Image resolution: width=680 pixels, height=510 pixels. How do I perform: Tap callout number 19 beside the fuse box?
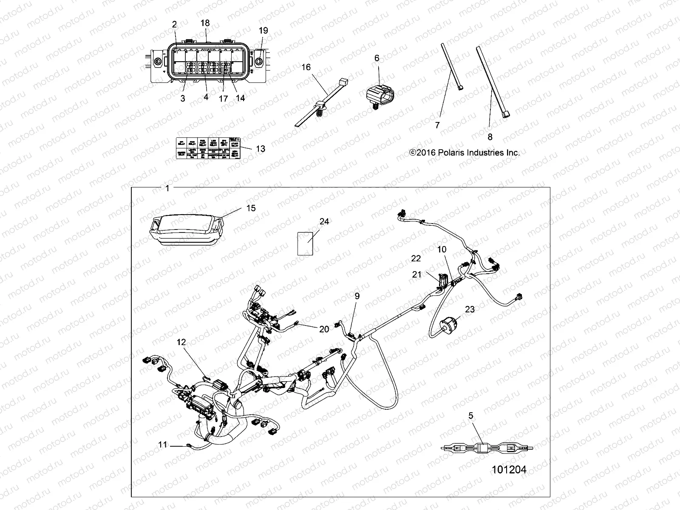263,31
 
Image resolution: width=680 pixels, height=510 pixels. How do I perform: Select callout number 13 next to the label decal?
261,148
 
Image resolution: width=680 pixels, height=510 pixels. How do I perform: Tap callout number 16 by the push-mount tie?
306,67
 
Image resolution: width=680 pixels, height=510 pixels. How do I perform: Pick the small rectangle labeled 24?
305,243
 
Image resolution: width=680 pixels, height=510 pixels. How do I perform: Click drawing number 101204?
509,470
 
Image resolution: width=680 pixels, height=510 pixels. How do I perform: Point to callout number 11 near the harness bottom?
163,445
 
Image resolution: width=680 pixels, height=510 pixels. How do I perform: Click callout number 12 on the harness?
182,342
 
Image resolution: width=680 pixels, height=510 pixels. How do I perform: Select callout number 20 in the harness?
324,329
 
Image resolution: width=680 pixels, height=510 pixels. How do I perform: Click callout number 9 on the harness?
357,296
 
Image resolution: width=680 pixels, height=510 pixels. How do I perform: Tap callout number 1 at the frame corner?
167,188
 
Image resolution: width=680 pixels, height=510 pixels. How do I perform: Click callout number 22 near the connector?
416,258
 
